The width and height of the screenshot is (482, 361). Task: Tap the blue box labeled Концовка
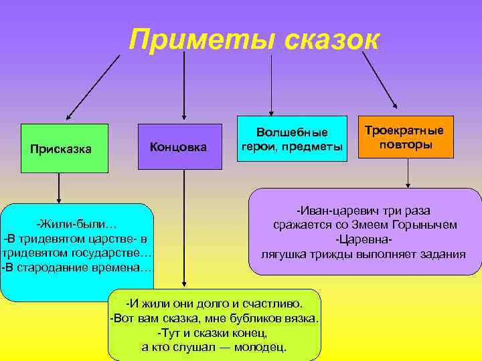pos(179,146)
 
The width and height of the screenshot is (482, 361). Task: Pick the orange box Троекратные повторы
pos(408,138)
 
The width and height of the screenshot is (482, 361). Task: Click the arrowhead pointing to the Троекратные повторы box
pos(394,104)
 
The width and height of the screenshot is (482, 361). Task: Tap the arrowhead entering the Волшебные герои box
pos(271,110)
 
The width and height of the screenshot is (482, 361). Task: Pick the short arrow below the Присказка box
pos(59,188)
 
